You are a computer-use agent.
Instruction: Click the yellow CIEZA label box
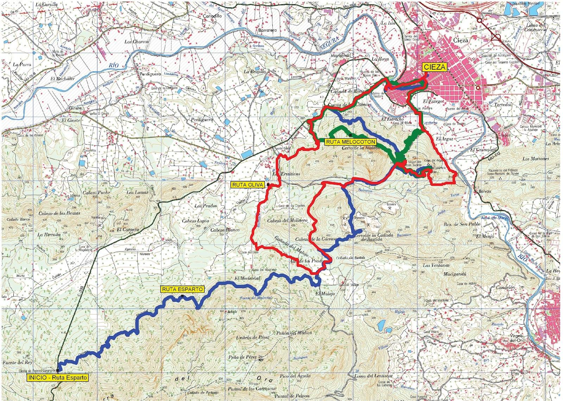tap(434, 67)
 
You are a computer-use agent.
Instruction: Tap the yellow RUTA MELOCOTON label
tap(350, 142)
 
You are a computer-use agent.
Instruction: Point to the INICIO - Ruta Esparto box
tap(57, 377)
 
